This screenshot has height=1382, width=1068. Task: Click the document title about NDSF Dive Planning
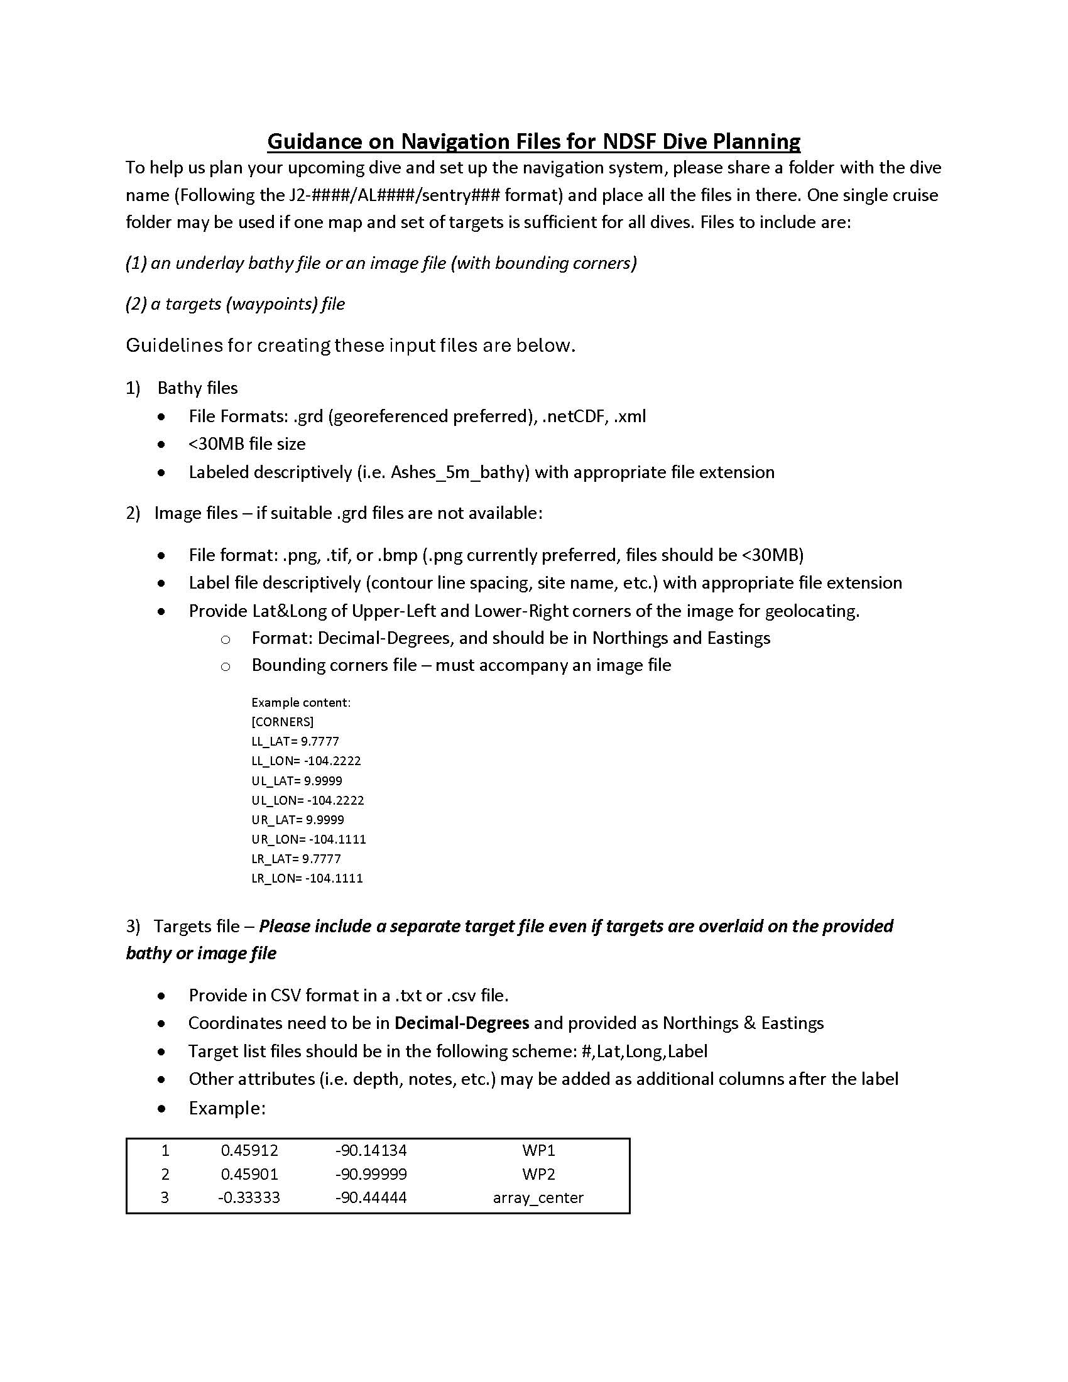(x=533, y=141)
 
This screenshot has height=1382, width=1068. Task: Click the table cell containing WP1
(x=538, y=1150)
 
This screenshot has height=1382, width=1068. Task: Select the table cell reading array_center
(x=538, y=1197)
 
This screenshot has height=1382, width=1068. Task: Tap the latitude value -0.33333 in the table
(x=249, y=1197)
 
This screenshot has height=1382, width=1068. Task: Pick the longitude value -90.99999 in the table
(x=371, y=1174)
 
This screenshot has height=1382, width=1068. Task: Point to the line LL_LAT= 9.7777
(x=295, y=741)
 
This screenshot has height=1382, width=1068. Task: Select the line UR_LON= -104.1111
(x=308, y=839)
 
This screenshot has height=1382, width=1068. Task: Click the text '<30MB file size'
(x=247, y=444)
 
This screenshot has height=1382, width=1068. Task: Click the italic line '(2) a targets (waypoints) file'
(x=236, y=304)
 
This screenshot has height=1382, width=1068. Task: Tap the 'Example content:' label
(x=300, y=702)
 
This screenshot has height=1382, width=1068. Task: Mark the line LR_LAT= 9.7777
(x=296, y=859)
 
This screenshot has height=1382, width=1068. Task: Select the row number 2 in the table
(x=165, y=1174)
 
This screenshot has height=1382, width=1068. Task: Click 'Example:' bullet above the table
(x=227, y=1108)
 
